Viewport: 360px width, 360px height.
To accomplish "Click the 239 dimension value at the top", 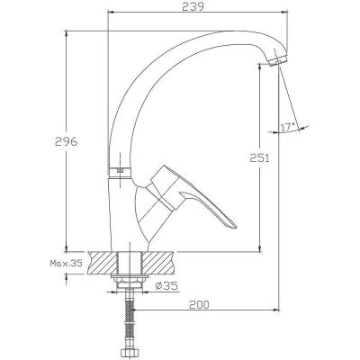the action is tap(193, 6).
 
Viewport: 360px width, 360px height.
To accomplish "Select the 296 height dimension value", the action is tap(66, 141).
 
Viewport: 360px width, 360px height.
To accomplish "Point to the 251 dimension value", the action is tap(260, 157).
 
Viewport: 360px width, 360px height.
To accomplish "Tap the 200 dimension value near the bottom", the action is tap(199, 305).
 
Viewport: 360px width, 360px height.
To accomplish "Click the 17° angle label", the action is tap(289, 127).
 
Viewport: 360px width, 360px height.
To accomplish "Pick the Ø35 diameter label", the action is tap(166, 286).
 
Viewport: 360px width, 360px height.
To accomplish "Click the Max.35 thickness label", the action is tap(66, 264).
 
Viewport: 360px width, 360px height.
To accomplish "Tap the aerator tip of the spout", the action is tap(278, 60).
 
